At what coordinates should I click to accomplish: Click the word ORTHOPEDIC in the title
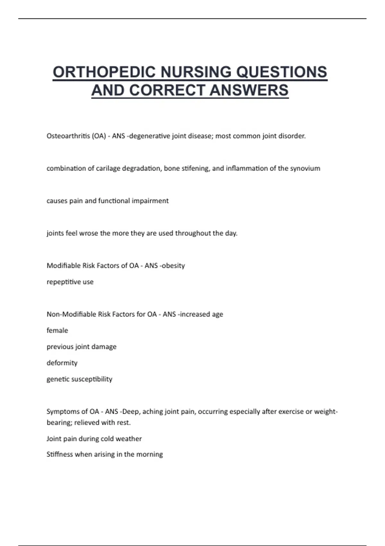105,72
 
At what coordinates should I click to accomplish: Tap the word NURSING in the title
196,72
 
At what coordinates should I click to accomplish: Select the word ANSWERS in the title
249,90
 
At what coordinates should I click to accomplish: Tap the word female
57,330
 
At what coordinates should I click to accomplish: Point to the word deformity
62,363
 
